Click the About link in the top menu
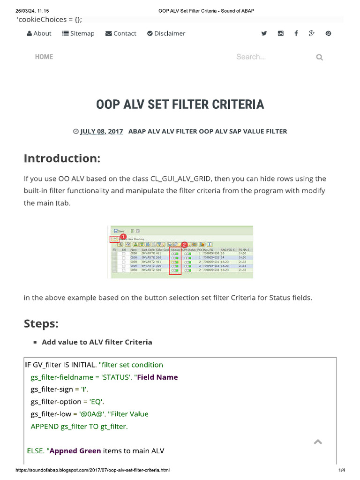[39, 33]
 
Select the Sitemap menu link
[79, 33]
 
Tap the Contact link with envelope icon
[121, 33]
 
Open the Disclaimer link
[166, 33]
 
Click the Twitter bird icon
[264, 33]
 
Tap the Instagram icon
[280, 33]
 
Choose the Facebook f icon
[296, 33]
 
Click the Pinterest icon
[328, 33]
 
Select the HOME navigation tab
[44, 57]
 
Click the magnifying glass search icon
[320, 57]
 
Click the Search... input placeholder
[251, 57]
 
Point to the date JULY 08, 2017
[101, 132]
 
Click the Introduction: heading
[62, 158]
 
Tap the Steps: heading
[41, 324]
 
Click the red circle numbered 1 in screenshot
[123, 237]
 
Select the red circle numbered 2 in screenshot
[184, 245]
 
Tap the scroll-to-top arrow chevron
[317, 442]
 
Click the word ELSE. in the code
[35, 451]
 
